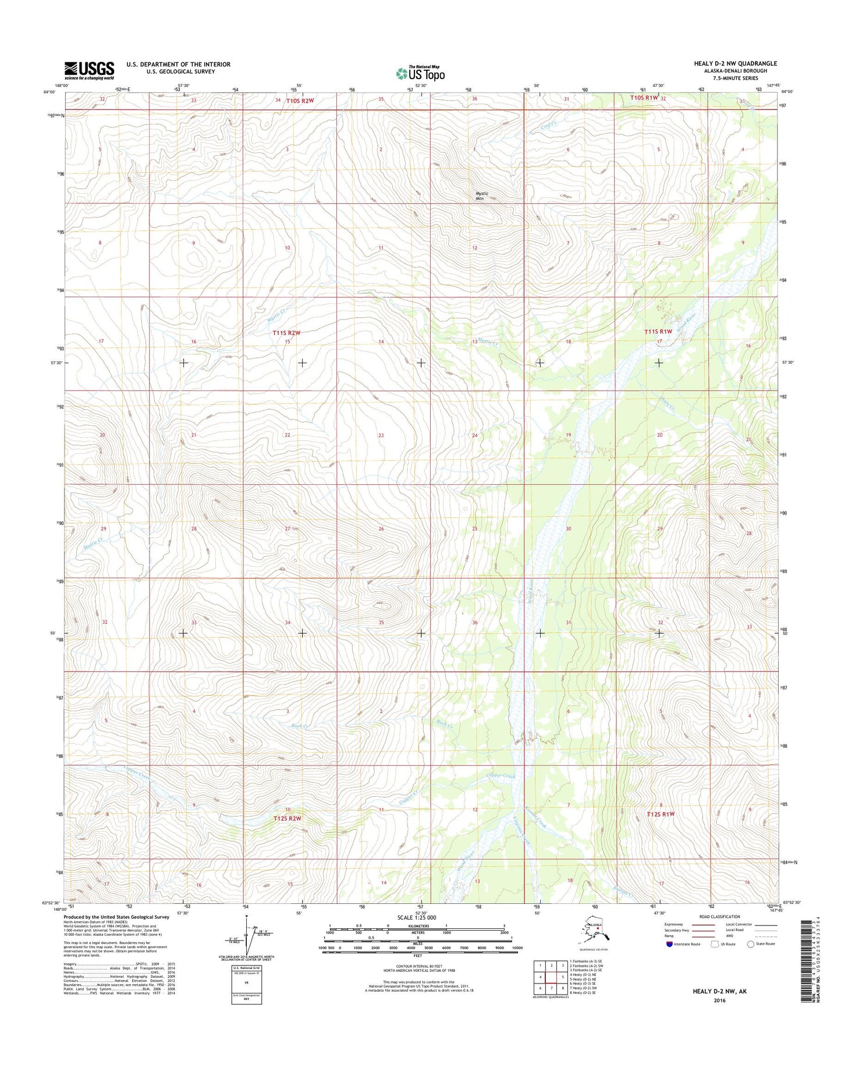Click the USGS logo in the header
[89, 70]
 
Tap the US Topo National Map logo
[420, 73]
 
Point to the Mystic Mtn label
[481, 196]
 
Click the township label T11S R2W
[286, 333]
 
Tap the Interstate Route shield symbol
[670, 944]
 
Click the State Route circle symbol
[750, 944]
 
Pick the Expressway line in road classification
[703, 924]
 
